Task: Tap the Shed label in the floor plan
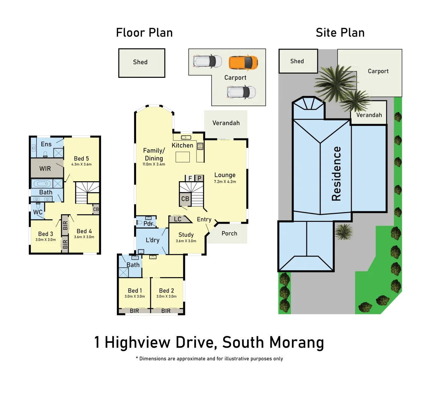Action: click(140, 62)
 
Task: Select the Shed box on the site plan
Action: click(297, 61)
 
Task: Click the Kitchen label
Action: click(182, 145)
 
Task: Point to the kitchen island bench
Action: click(183, 156)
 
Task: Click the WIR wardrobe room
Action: click(45, 169)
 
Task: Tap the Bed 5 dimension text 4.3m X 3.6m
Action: click(82, 164)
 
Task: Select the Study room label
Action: click(186, 235)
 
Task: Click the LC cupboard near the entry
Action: click(178, 219)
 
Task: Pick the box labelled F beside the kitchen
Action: click(190, 178)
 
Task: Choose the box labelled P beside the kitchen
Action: click(200, 178)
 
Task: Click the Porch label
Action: click(229, 233)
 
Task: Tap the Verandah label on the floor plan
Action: click(226, 123)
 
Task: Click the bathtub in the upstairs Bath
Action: click(42, 184)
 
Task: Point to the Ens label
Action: click(46, 144)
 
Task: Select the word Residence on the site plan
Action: click(336, 174)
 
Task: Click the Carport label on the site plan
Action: click(378, 71)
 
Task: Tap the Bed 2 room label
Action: click(166, 291)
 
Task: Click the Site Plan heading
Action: click(340, 33)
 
